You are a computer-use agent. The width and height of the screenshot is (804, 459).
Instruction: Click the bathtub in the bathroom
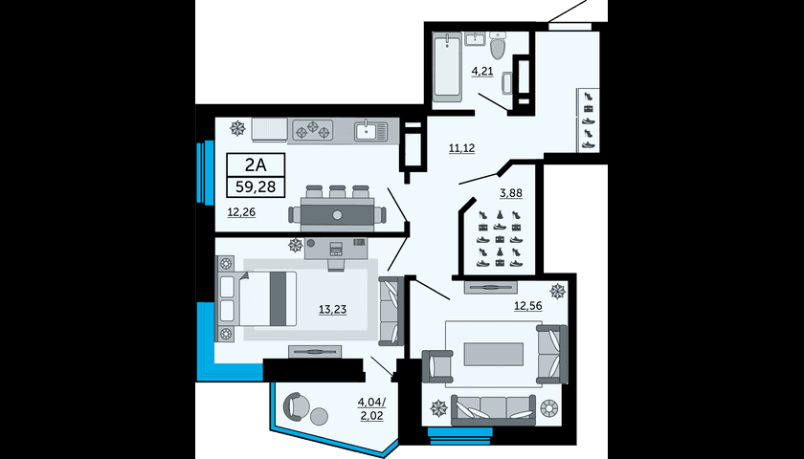click(447, 65)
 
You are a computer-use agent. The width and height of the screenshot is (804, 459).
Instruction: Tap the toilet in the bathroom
click(498, 45)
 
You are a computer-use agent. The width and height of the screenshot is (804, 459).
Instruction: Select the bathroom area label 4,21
click(482, 71)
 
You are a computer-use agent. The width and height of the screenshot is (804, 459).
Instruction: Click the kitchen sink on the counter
click(371, 131)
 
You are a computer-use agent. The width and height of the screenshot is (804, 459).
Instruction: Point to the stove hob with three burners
click(313, 130)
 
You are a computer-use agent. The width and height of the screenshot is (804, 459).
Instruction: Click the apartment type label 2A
click(256, 164)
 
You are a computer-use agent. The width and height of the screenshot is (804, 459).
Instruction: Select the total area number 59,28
click(256, 186)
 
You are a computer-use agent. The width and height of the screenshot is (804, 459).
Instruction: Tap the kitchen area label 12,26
click(241, 211)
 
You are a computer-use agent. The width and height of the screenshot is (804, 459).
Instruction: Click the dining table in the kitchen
click(337, 214)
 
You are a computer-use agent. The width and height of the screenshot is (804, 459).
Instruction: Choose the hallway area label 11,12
click(461, 148)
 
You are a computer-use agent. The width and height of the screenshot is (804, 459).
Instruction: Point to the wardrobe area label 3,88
click(511, 193)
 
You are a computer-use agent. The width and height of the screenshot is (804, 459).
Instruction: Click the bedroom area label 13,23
click(333, 309)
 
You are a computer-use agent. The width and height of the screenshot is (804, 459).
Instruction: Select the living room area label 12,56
click(528, 306)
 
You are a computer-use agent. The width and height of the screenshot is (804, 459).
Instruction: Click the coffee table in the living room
click(494, 354)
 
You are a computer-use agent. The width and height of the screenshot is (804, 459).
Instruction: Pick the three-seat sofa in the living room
click(493, 410)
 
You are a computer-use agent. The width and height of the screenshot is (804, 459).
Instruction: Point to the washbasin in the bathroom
click(476, 38)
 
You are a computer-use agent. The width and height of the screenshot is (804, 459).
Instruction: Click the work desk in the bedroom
click(336, 248)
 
